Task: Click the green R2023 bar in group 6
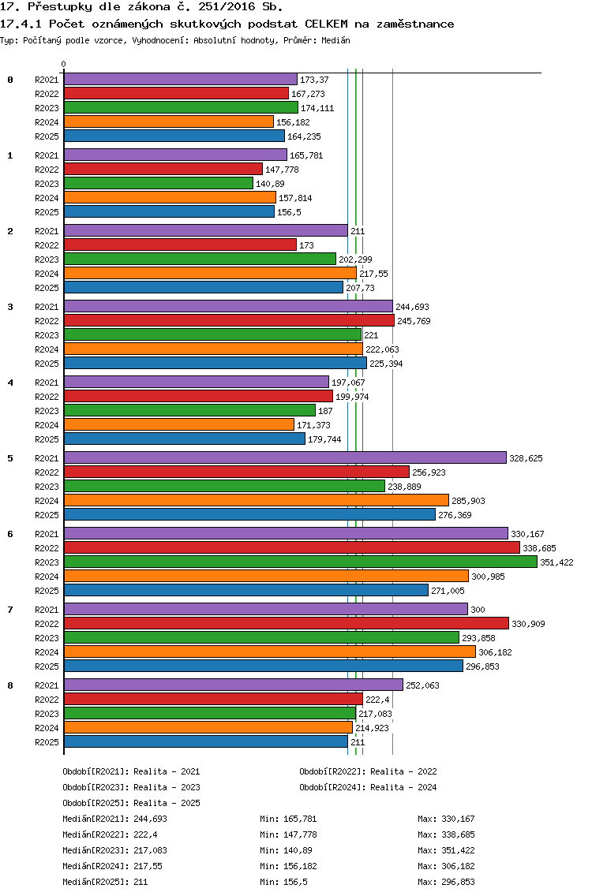tap(301, 562)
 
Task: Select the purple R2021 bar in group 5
tap(286, 457)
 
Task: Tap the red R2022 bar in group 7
tap(287, 623)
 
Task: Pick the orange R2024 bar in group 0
tap(169, 121)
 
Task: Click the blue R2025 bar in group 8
tap(206, 741)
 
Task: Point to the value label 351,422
tap(556, 562)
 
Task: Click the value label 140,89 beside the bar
tap(270, 184)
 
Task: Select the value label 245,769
tap(414, 321)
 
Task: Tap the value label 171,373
tap(313, 425)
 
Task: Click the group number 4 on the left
tap(10, 383)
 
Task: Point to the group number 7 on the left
tap(10, 610)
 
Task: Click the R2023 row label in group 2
tap(47, 259)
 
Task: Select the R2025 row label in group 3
tap(47, 364)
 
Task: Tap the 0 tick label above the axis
tap(63, 64)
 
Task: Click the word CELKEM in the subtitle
tap(326, 24)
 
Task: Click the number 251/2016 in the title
tap(227, 7)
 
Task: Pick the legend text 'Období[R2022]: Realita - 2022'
tap(368, 771)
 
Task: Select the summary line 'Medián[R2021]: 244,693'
tap(115, 819)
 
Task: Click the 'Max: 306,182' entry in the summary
tap(446, 866)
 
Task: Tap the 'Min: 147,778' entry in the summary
tap(288, 834)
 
